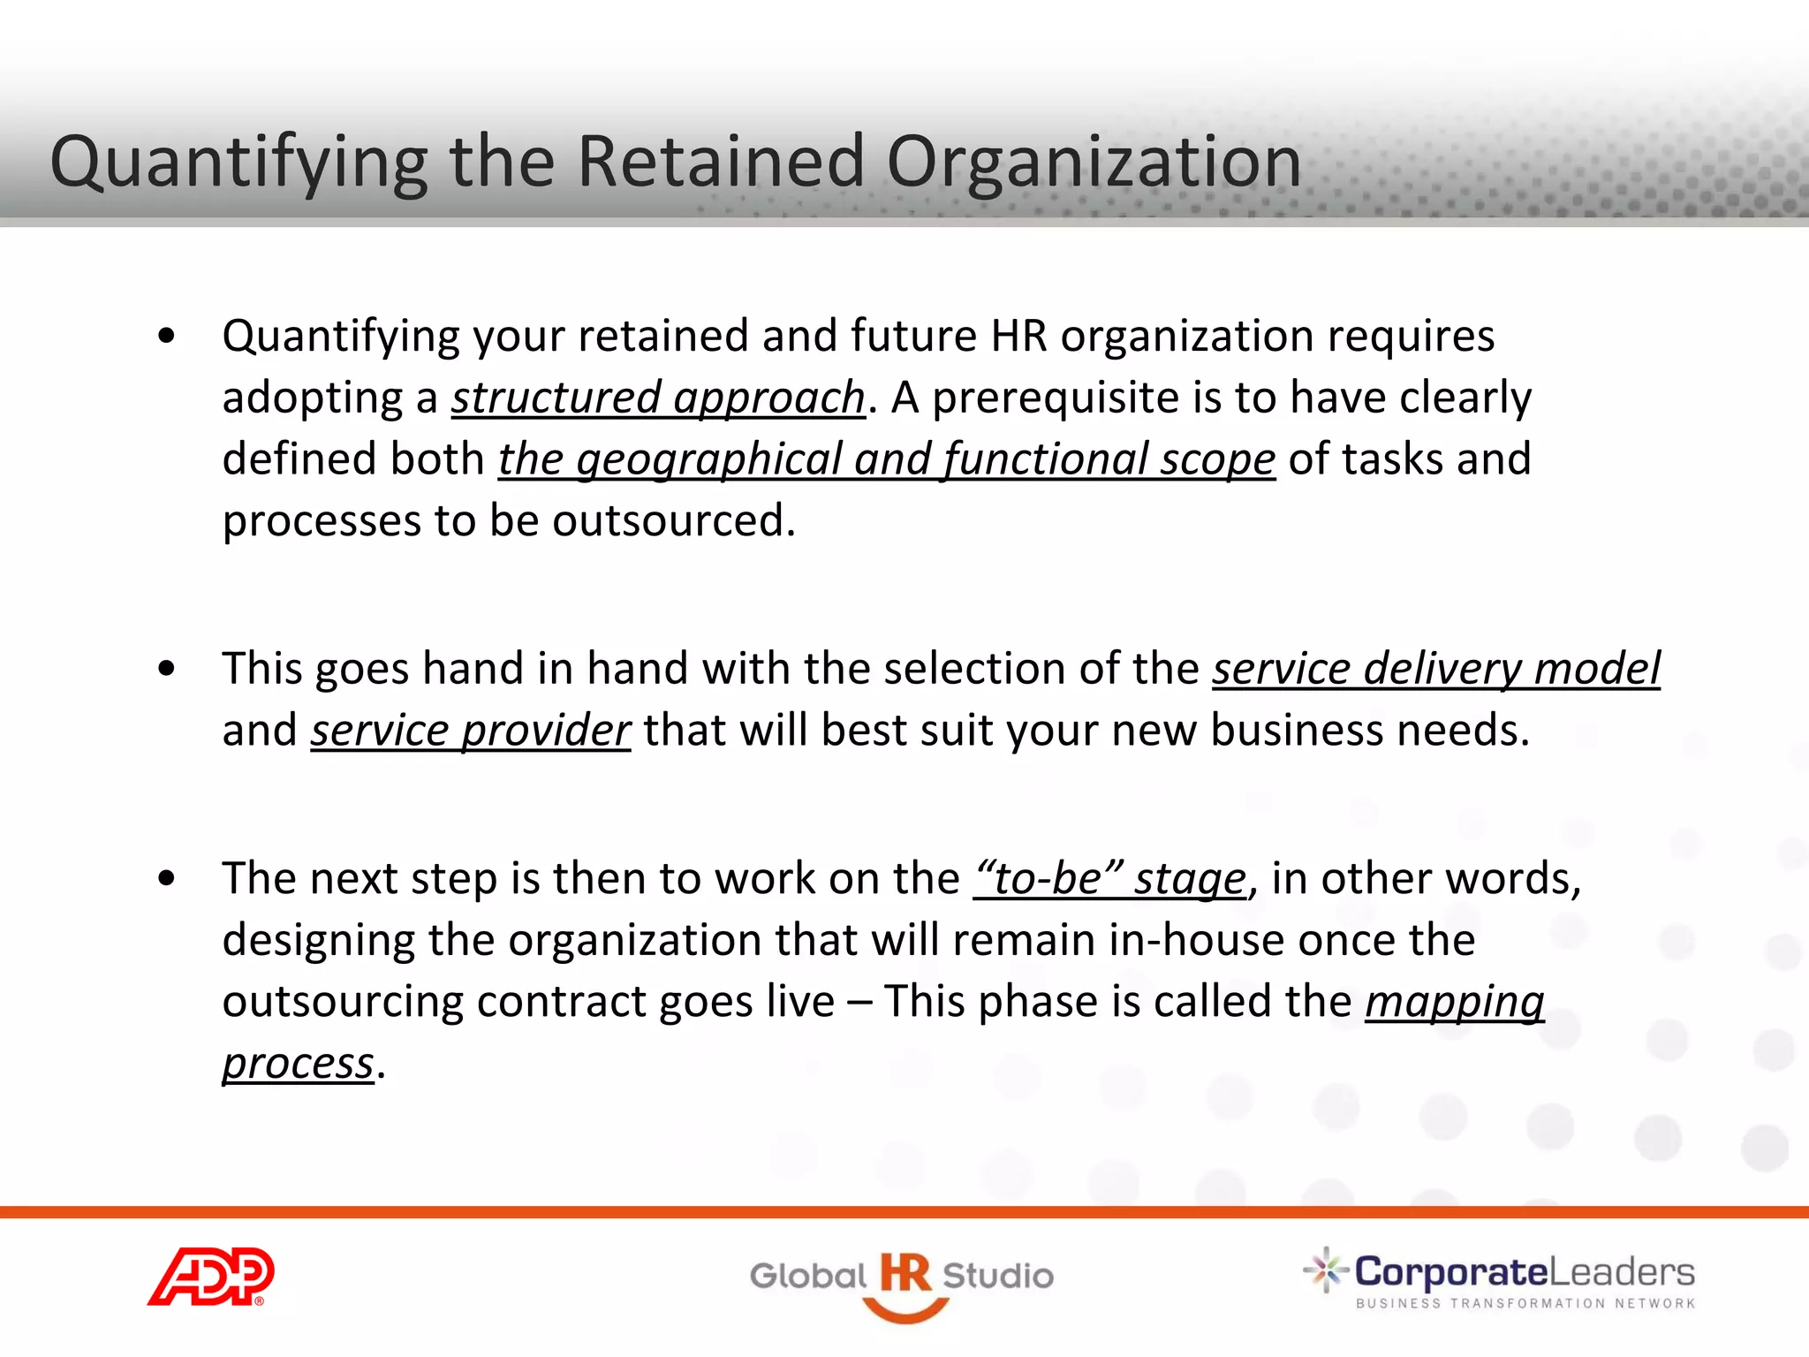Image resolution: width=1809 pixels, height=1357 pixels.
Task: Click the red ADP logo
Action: [211, 1276]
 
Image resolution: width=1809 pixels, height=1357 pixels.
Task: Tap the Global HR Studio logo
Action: [902, 1280]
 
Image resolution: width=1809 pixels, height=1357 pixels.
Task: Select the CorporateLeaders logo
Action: [1500, 1277]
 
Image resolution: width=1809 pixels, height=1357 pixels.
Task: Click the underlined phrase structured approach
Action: [658, 398]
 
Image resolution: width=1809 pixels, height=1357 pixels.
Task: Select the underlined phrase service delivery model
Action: [1435, 669]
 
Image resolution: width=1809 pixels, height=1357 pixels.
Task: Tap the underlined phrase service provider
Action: [470, 731]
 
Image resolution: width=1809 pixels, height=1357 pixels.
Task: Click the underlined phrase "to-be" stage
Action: [1109, 879]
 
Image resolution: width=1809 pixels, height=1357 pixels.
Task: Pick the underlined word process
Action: [298, 1064]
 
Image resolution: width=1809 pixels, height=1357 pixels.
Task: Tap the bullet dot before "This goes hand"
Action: [166, 669]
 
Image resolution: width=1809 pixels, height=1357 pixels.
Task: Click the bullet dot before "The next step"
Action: [166, 879]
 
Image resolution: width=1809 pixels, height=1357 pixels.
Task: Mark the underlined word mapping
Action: [1454, 1002]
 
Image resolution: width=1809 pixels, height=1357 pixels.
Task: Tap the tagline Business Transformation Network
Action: [1525, 1303]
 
